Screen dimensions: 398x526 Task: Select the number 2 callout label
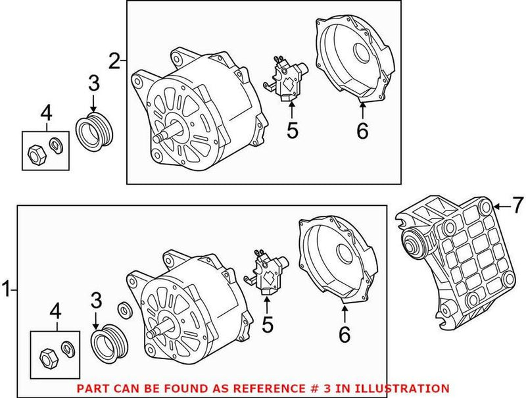pyautogui.click(x=115, y=62)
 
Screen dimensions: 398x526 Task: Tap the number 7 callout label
pyautogui.click(x=517, y=207)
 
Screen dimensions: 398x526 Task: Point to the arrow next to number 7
pyautogui.click(x=501, y=207)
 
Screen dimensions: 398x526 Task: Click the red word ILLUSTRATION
pyautogui.click(x=410, y=388)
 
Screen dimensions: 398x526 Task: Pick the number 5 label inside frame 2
pyautogui.click(x=292, y=130)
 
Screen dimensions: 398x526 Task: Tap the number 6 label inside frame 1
pyautogui.click(x=344, y=334)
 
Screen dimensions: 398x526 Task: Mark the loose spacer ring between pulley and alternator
pyautogui.click(x=122, y=311)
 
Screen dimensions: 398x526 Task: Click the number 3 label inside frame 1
pyautogui.click(x=96, y=301)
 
